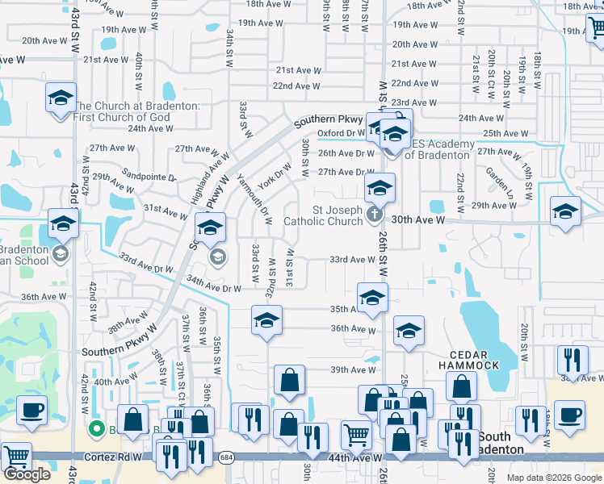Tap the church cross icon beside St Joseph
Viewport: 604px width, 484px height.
click(373, 215)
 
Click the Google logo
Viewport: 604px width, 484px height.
click(27, 474)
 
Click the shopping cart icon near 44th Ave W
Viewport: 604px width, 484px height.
click(356, 436)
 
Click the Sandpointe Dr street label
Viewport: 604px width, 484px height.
click(149, 175)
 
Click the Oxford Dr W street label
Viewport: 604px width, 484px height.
click(341, 133)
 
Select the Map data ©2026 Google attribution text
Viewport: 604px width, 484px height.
click(553, 478)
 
